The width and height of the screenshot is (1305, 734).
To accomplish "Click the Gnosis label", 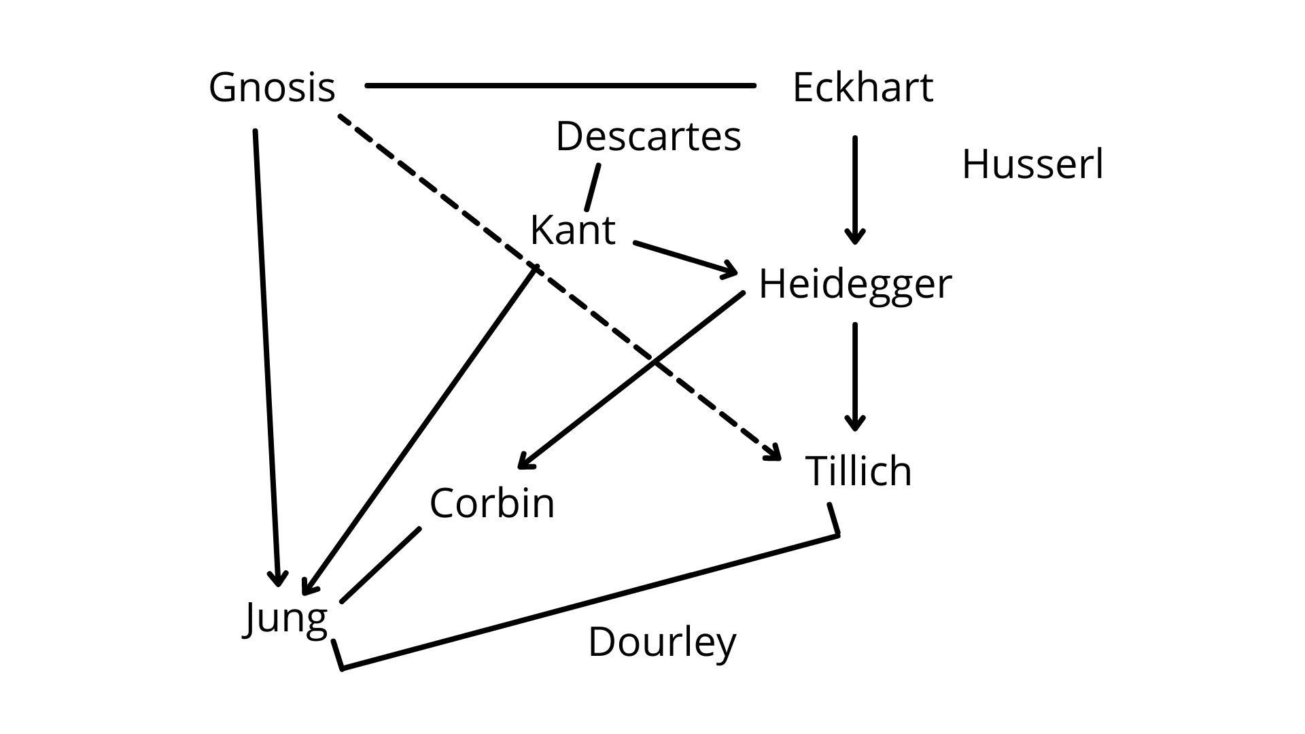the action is click(272, 88).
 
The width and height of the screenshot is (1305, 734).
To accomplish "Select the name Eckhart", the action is click(863, 88).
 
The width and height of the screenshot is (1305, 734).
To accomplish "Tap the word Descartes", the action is click(648, 136).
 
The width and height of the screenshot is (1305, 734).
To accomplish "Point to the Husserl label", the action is click(1032, 164).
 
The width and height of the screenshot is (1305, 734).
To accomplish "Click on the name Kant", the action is click(572, 230).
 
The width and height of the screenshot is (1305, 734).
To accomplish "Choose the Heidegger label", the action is click(855, 284).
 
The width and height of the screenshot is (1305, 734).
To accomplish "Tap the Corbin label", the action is click(492, 504).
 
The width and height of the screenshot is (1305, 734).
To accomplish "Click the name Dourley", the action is click(662, 642).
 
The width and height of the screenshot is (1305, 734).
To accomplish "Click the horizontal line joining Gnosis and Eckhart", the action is click(561, 86).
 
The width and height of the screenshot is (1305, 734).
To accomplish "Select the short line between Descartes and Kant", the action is click(593, 187).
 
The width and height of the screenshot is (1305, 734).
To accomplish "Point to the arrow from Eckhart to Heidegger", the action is click(855, 190).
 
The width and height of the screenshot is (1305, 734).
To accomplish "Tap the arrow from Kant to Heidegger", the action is click(685, 259).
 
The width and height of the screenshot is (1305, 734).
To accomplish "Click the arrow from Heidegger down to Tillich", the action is click(855, 377).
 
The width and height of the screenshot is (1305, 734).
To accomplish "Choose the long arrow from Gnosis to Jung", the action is click(266, 357).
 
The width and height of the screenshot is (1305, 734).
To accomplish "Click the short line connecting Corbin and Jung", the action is click(381, 565).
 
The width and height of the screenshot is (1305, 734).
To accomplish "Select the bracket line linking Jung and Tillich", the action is click(589, 602).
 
